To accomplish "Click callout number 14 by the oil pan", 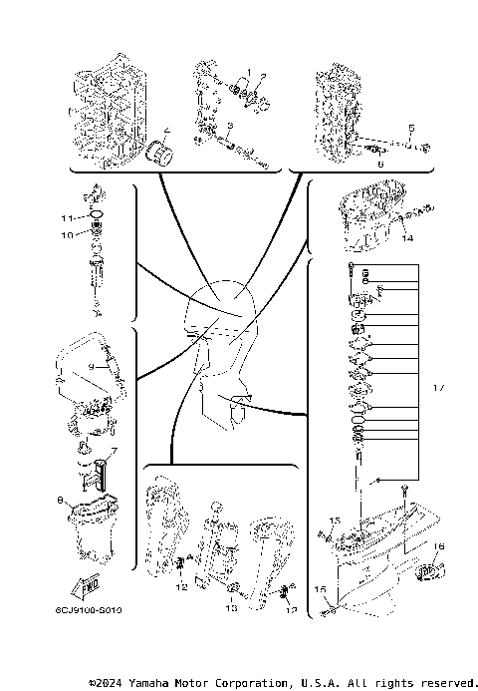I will click(x=406, y=238).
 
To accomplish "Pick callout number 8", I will click(x=61, y=500).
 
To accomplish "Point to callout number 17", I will click(x=439, y=384).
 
